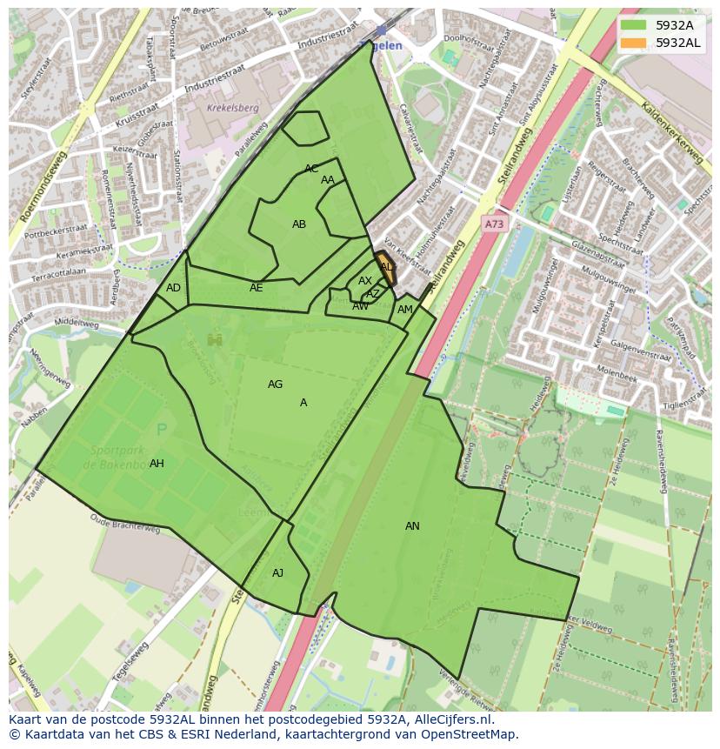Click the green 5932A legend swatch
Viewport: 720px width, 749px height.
tap(633, 25)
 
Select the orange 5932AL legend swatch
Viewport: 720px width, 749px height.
tap(633, 43)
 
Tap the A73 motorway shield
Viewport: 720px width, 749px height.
tap(494, 224)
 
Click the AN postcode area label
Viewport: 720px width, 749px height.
tap(412, 526)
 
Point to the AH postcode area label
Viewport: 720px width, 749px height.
tap(157, 464)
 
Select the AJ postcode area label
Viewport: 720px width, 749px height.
tap(277, 573)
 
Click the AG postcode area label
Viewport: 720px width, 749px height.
tap(275, 385)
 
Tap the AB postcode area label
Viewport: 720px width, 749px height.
tap(299, 224)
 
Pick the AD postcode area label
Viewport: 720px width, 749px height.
tap(173, 288)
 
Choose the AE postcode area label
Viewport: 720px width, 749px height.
tap(256, 288)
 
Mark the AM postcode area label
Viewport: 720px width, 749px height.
tap(405, 310)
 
